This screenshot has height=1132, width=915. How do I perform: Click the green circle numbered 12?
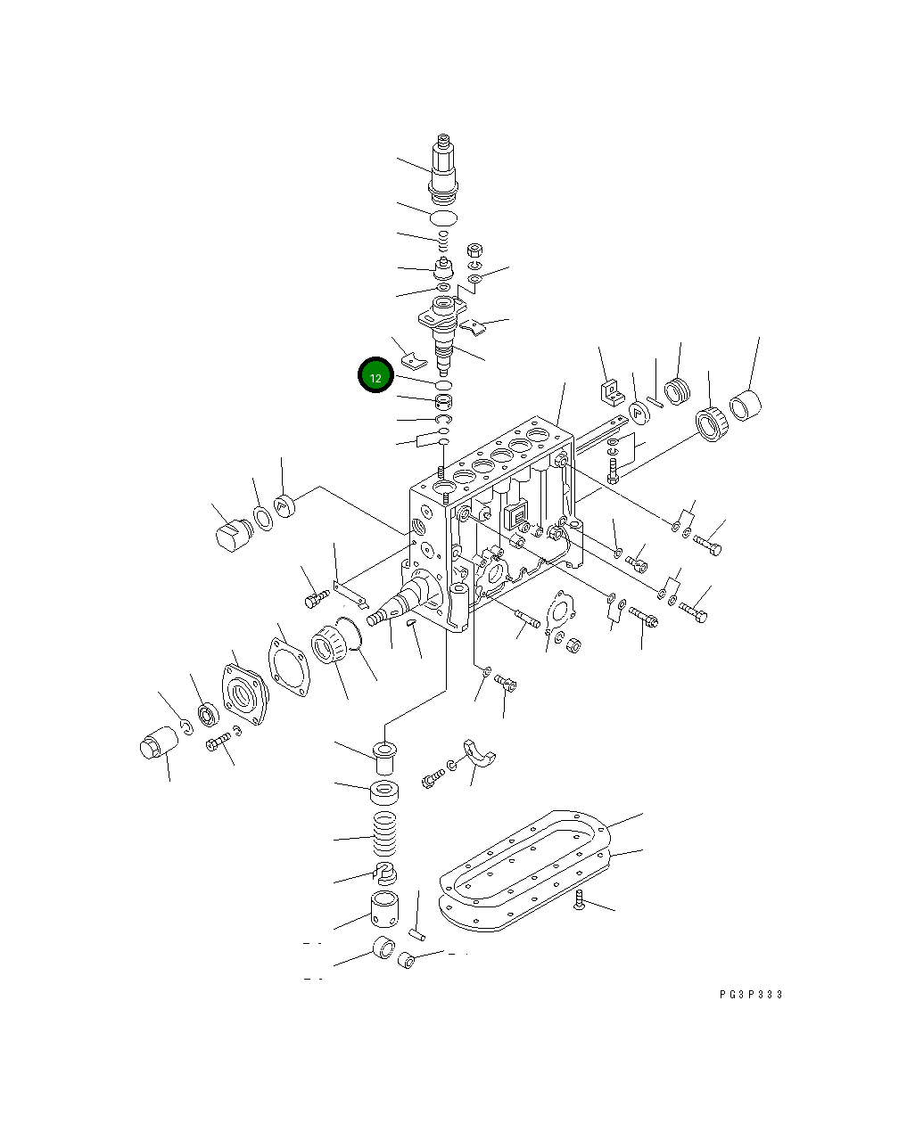(375, 377)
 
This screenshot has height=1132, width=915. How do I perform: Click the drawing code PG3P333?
(751, 995)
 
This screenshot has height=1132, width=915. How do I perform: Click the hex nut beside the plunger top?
(475, 250)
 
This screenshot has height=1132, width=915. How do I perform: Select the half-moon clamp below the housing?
(479, 755)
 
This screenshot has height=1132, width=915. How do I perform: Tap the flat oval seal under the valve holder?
(443, 217)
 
